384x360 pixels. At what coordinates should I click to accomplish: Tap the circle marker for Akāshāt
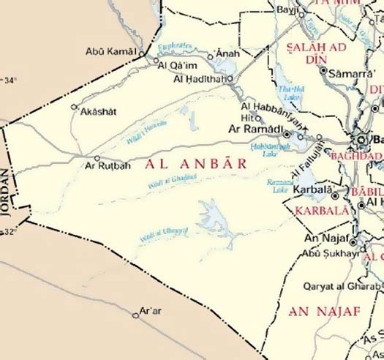(x=73, y=106)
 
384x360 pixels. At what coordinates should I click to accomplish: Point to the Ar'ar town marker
(x=135, y=315)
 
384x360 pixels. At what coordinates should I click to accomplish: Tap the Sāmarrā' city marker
(x=323, y=70)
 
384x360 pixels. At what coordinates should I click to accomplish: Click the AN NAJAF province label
(x=325, y=312)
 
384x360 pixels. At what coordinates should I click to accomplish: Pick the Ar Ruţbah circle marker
(x=97, y=157)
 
